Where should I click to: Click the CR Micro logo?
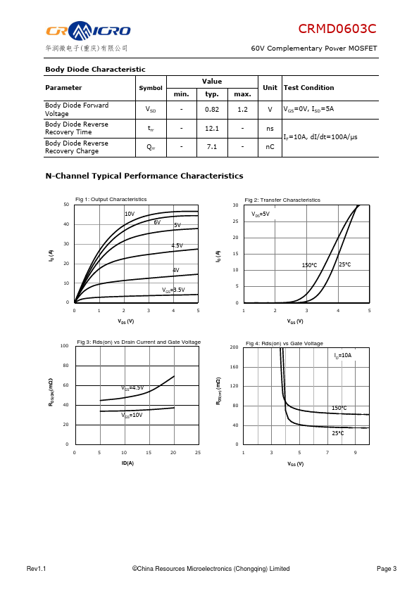click(88, 30)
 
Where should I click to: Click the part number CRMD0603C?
click(337, 29)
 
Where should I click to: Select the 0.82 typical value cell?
click(212, 110)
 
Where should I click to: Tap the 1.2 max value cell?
click(242, 110)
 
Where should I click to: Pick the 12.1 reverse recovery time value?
click(212, 129)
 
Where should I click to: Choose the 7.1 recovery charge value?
click(212, 146)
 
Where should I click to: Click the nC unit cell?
click(270, 146)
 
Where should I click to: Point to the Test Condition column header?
click(309, 88)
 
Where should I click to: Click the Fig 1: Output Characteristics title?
click(111, 200)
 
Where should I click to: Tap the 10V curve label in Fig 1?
click(130, 214)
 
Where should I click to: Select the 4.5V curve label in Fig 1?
click(177, 245)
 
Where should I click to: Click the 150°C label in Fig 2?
click(309, 266)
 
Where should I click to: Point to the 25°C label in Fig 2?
click(345, 264)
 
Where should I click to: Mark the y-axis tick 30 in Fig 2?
click(236, 205)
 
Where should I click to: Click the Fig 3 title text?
click(139, 342)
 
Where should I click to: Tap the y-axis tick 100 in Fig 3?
click(64, 346)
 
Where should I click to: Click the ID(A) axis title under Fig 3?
click(127, 463)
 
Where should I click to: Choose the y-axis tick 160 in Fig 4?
click(234, 367)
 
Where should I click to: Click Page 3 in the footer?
click(387, 569)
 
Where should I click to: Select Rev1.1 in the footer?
click(37, 569)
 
